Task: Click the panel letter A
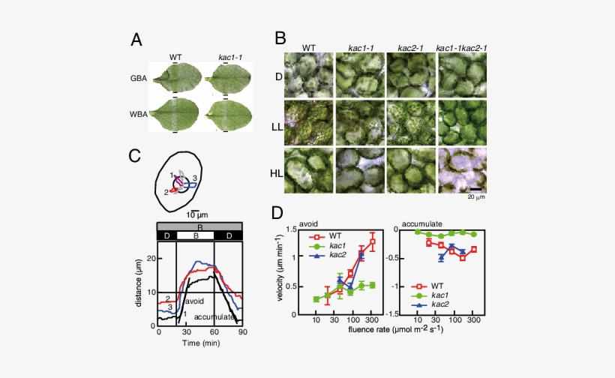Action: coord(136,40)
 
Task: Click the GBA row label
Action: coord(139,77)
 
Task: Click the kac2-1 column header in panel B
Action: coord(409,47)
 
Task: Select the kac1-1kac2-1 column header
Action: coord(461,47)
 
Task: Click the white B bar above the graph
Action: coord(195,236)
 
